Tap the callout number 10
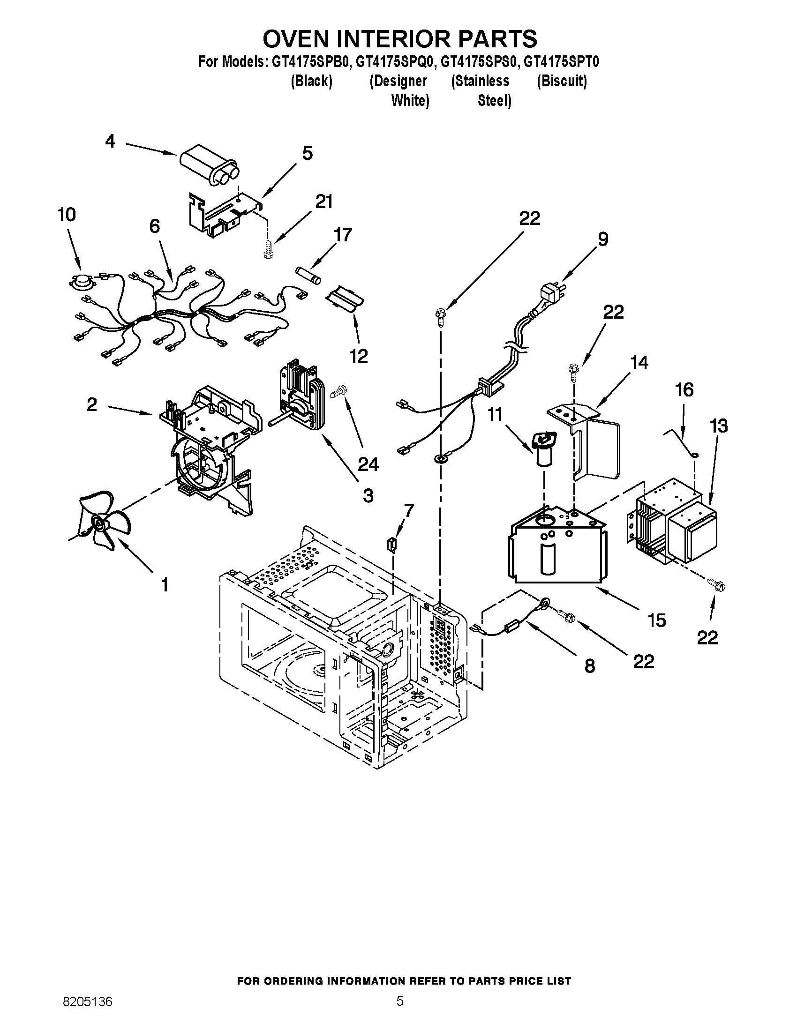pos(67,215)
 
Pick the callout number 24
pos(368,464)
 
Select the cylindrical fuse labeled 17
pos(308,275)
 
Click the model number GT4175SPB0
pos(311,62)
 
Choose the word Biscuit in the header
pos(561,81)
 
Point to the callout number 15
pos(657,620)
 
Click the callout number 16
pos(684,390)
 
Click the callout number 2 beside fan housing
pos(92,404)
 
